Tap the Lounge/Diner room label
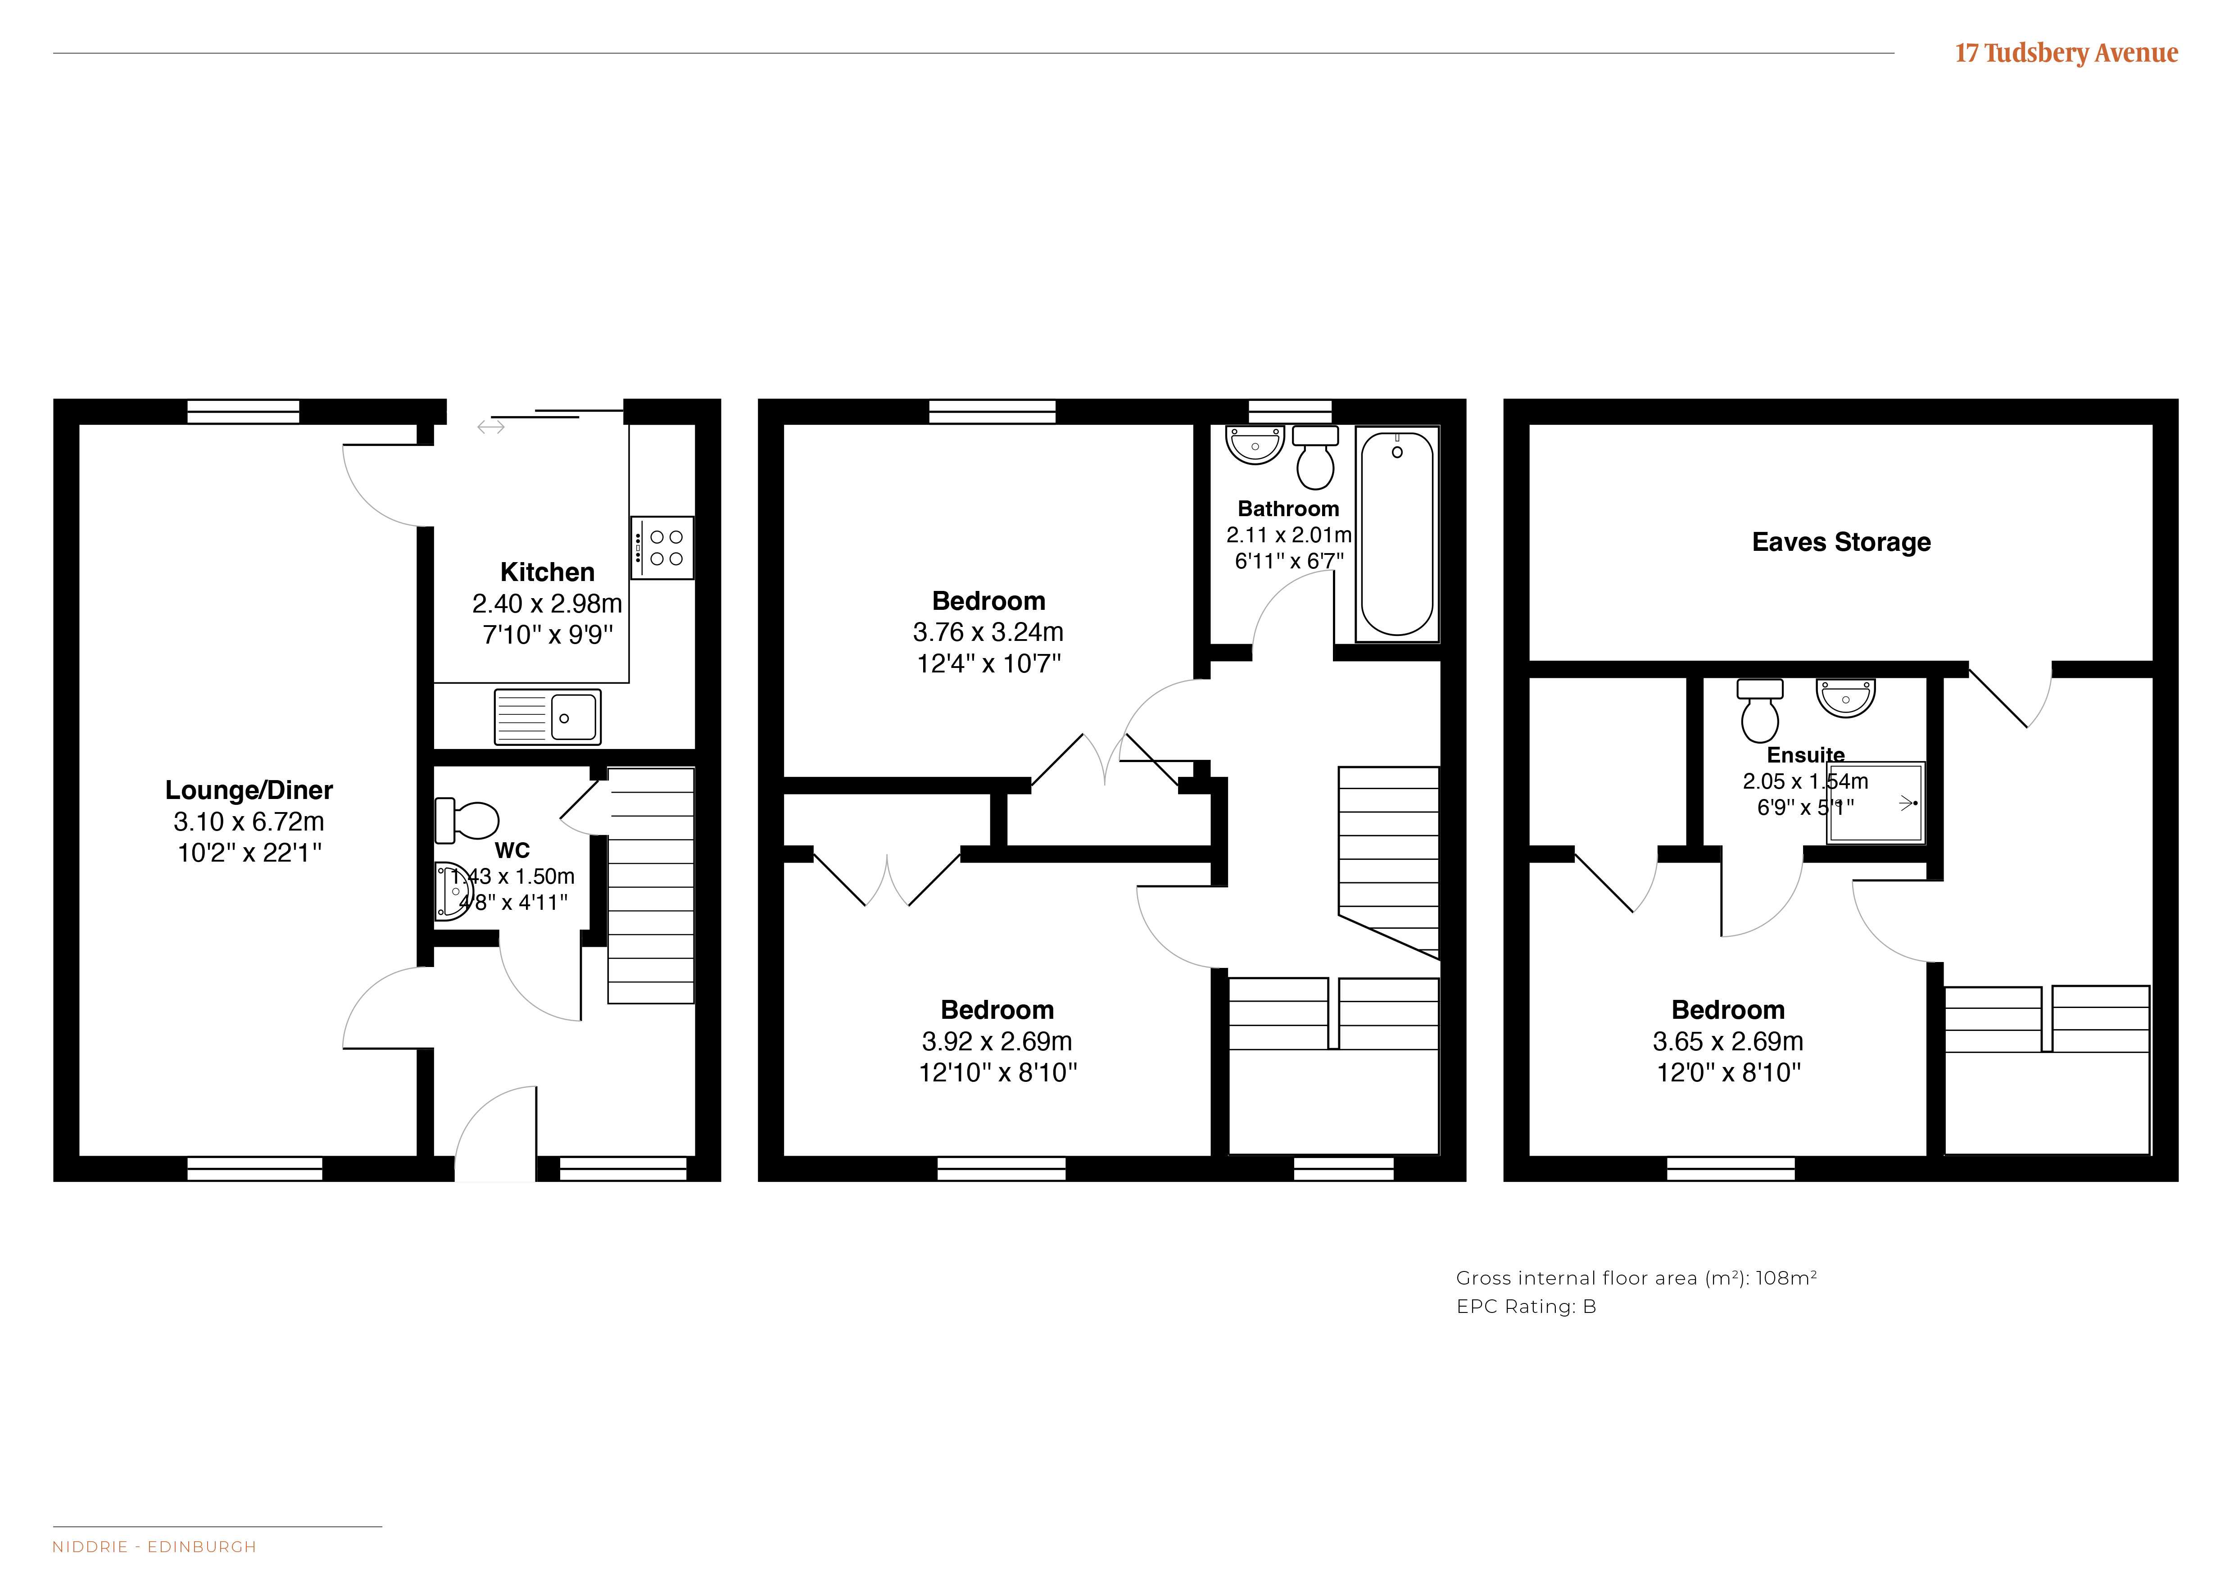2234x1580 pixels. [x=249, y=790]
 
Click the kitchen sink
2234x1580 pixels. [x=548, y=717]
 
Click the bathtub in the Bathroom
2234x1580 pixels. [x=1396, y=533]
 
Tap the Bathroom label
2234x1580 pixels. [x=1288, y=509]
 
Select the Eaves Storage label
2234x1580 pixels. [x=1841, y=542]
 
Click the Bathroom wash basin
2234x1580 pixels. [x=1255, y=445]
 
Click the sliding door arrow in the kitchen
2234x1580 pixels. [x=490, y=426]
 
